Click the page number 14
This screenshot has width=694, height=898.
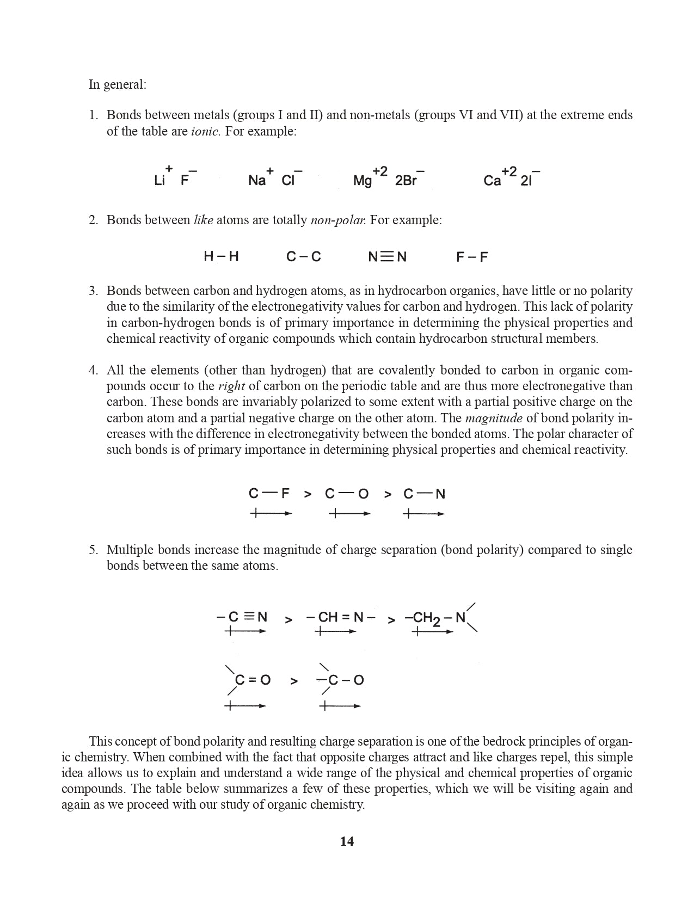(x=347, y=841)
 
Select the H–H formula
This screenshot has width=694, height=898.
(x=221, y=256)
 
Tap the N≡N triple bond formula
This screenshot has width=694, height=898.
(x=387, y=257)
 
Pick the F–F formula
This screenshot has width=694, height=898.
(x=472, y=257)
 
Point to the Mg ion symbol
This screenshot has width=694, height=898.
(x=363, y=181)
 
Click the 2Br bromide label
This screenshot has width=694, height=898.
(x=406, y=181)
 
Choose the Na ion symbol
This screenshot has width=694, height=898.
(x=257, y=181)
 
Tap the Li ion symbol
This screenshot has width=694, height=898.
(x=159, y=181)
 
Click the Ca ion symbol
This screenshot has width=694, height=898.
(x=492, y=181)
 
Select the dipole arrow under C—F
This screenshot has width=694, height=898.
(x=271, y=513)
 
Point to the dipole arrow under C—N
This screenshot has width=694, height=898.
(x=423, y=513)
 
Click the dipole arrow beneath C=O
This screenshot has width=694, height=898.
(x=245, y=706)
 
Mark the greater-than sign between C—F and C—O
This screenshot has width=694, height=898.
(x=308, y=494)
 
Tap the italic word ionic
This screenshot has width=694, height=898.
(x=205, y=131)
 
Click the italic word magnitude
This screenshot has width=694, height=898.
(x=494, y=418)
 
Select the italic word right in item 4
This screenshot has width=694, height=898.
(x=231, y=386)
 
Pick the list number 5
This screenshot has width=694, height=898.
(x=93, y=550)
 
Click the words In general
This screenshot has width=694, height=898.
(x=118, y=84)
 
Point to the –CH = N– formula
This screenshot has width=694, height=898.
(x=341, y=617)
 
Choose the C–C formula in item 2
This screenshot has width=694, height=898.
(x=304, y=257)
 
